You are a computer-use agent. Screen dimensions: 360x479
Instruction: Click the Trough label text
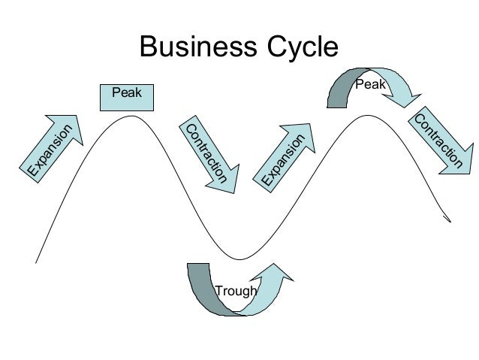236,291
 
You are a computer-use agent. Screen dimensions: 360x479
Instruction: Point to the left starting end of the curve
35,262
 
